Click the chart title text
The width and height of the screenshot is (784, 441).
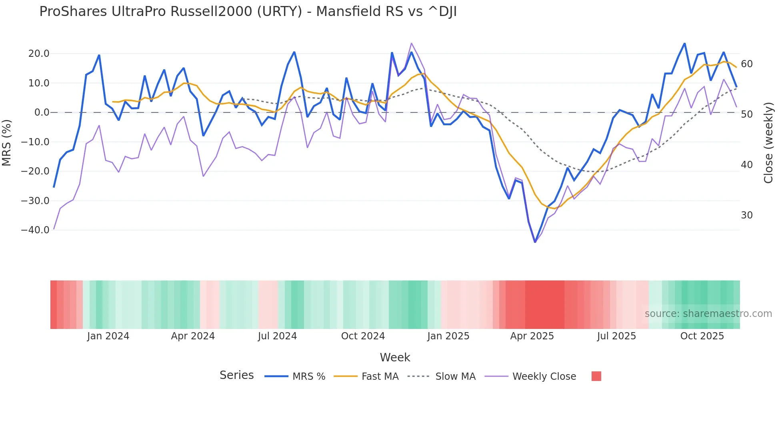point(248,12)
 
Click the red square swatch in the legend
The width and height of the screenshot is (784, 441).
point(596,376)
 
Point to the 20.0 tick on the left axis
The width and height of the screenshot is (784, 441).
point(39,54)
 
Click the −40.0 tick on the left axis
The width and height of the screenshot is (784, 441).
point(35,230)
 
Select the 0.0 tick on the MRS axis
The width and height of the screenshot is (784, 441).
point(42,112)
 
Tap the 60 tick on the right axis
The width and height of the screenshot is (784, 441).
point(747,64)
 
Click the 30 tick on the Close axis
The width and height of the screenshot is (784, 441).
point(747,215)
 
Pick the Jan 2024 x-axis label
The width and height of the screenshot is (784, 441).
point(108,336)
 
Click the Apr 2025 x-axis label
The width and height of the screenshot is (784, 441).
point(532,336)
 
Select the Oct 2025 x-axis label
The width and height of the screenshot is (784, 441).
point(702,336)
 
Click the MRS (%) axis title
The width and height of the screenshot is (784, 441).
point(7,142)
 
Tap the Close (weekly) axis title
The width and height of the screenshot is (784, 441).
point(768,142)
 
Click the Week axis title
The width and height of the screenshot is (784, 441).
point(395,357)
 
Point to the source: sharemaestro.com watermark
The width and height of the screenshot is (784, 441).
point(708,314)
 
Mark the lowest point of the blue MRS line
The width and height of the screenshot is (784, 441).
point(535,242)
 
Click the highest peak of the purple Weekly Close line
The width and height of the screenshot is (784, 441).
point(411,44)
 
